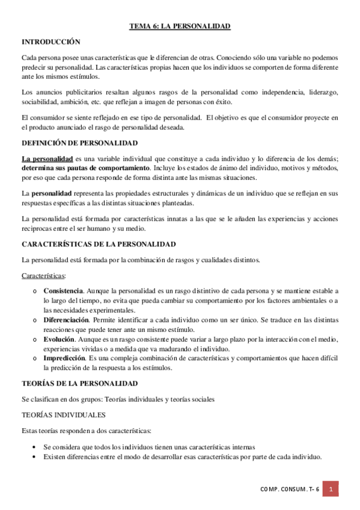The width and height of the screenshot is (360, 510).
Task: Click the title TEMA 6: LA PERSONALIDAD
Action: [180, 26]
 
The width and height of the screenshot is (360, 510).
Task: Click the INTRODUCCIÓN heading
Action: [51, 42]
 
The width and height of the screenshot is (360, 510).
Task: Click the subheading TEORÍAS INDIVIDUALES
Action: [64, 415]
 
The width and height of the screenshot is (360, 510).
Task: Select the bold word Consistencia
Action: [63, 291]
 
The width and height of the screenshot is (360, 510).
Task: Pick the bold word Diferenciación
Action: [66, 320]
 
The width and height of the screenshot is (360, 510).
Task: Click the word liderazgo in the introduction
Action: [323, 92]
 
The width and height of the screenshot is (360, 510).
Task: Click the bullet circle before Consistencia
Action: [35, 292]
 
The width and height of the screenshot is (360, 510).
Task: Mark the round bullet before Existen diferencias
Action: [35, 457]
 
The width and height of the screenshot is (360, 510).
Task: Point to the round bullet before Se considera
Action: [35, 447]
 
